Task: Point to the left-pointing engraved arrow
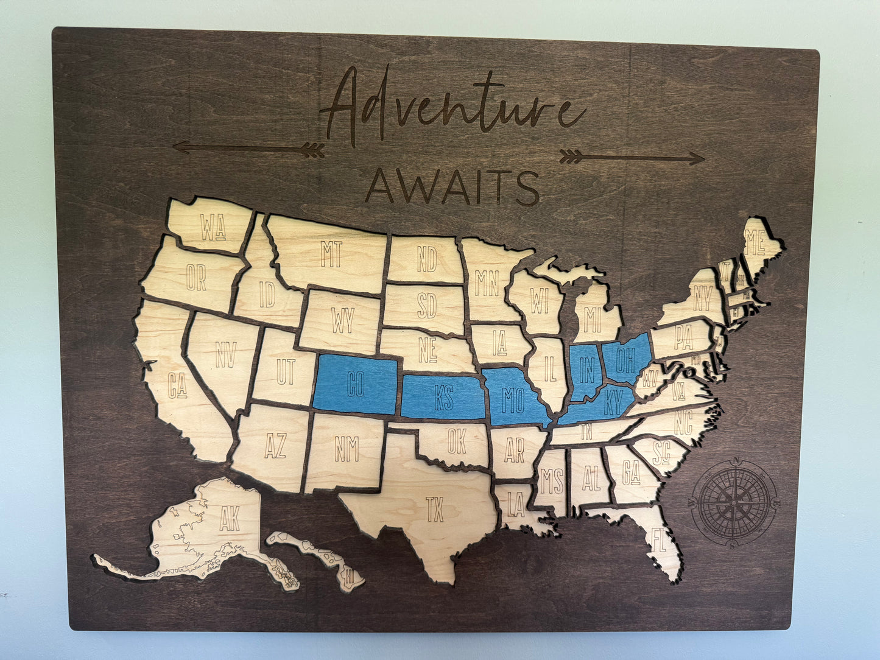[248, 148]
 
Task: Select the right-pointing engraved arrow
[632, 158]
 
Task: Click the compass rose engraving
[734, 501]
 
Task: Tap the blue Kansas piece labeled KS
[443, 398]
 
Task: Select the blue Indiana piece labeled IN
[586, 369]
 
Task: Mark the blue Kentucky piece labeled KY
[611, 403]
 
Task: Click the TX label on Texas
[435, 509]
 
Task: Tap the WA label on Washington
[213, 228]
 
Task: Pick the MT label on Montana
[331, 254]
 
